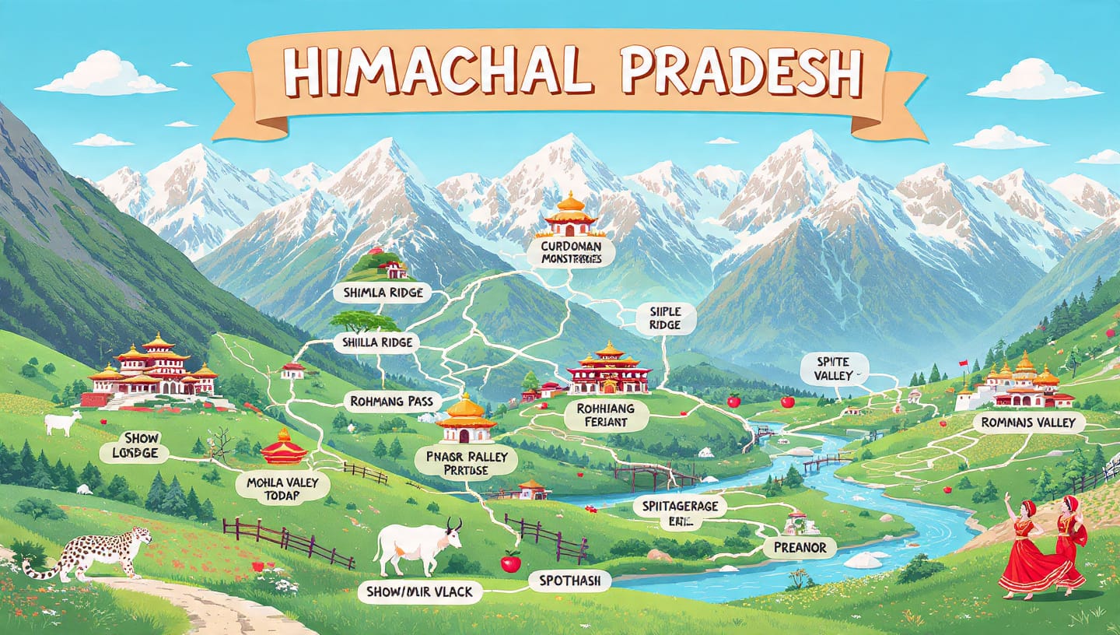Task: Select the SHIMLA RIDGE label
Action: (x=377, y=293)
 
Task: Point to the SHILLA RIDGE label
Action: (x=377, y=342)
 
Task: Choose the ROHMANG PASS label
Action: (x=392, y=402)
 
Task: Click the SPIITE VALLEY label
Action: (x=835, y=367)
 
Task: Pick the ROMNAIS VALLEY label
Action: (x=1028, y=423)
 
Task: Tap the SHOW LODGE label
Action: (x=135, y=445)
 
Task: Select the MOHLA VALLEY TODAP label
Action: (x=283, y=488)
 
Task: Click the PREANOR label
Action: (x=800, y=547)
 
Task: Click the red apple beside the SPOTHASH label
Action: (x=510, y=561)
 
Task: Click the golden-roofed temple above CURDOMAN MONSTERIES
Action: (x=571, y=217)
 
